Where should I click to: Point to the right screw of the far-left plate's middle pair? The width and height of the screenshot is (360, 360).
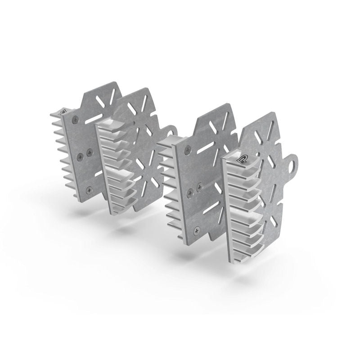89,152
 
